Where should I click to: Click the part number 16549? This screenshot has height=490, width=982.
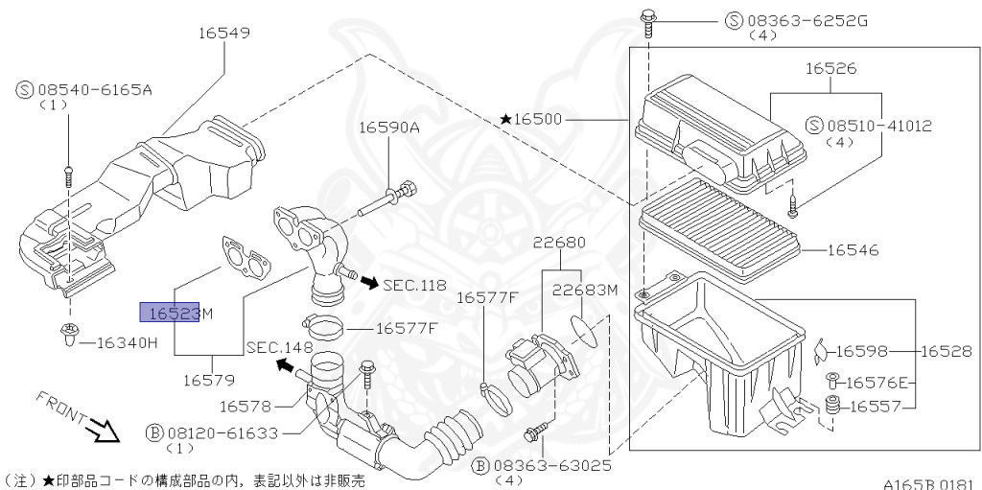tap(224, 34)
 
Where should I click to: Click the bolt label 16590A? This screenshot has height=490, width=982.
tap(389, 127)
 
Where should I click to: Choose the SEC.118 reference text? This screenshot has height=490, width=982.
tap(414, 285)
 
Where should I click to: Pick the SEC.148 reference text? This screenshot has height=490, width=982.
tap(279, 347)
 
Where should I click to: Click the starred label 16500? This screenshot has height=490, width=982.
tap(536, 120)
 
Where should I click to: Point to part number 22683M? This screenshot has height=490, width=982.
tap(586, 290)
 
